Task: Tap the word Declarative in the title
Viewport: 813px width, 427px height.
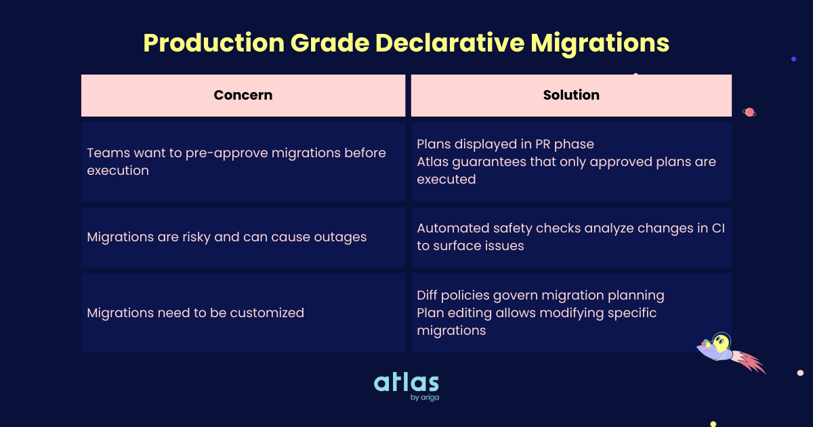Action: (450, 43)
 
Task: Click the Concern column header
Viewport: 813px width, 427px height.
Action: (243, 96)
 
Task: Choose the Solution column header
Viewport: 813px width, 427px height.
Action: (571, 96)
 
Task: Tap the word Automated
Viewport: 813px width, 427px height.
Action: (450, 228)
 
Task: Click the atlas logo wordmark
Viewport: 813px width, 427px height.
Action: (406, 383)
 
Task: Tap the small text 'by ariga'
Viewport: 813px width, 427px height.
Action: (425, 398)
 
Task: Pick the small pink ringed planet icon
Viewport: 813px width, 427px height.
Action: (749, 113)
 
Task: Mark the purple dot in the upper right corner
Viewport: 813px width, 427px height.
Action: (793, 59)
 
